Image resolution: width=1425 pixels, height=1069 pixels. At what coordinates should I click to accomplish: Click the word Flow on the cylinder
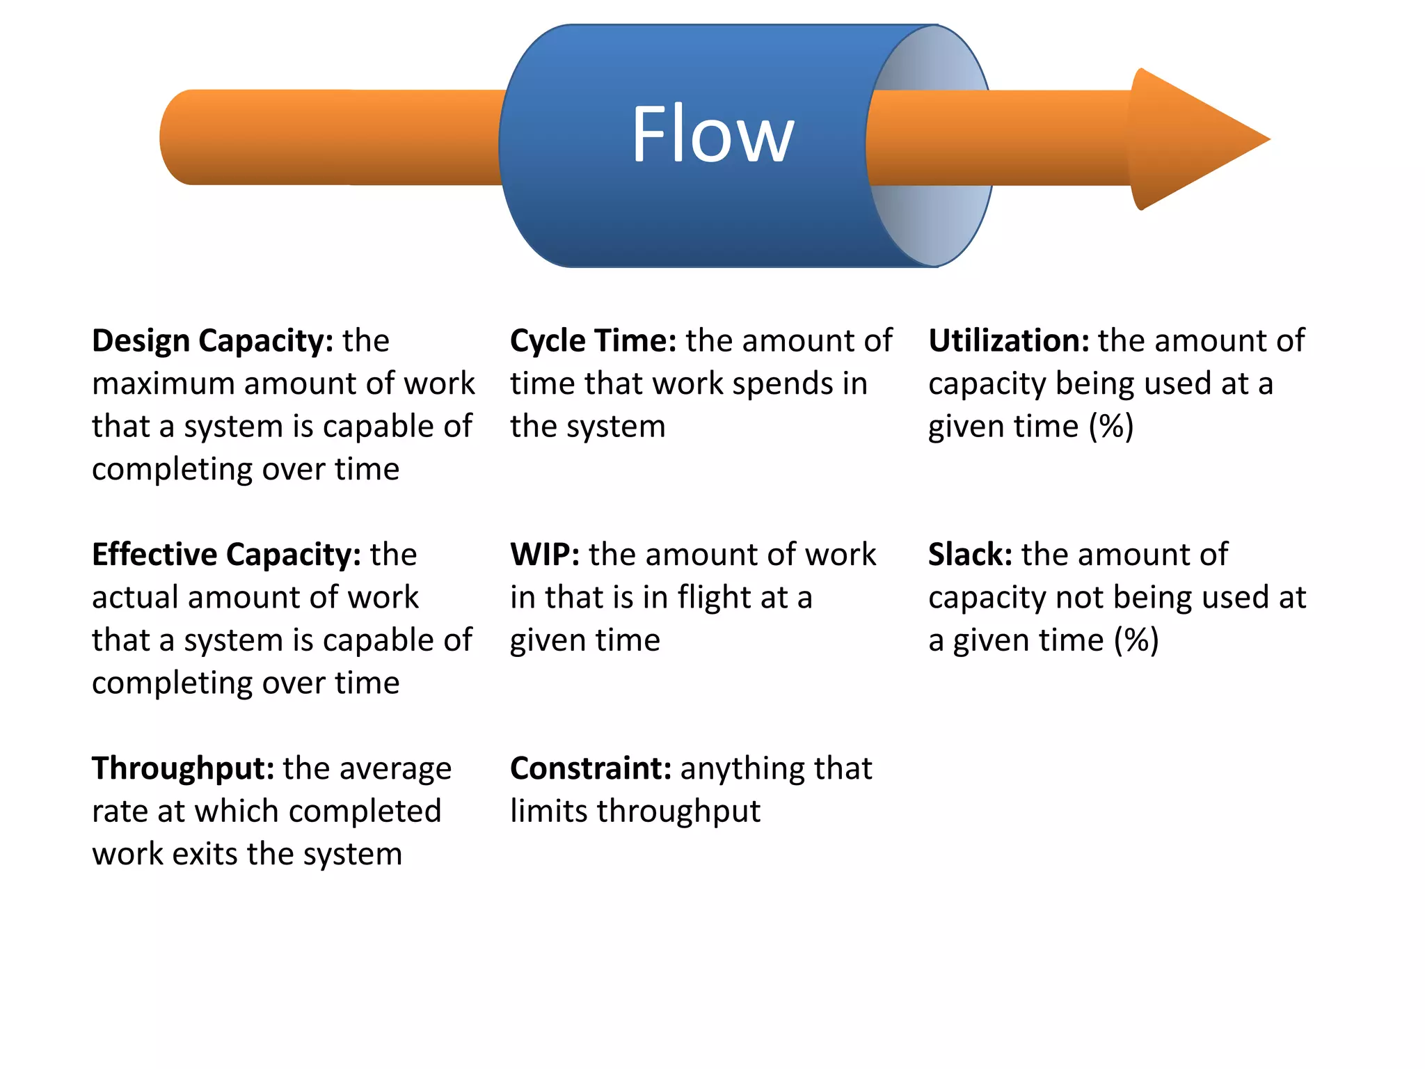click(712, 134)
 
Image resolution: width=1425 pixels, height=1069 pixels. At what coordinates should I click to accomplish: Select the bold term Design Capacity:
click(212, 341)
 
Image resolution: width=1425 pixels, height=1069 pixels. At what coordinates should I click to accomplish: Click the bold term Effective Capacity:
click(226, 555)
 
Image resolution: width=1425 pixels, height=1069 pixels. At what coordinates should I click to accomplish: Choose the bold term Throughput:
click(183, 768)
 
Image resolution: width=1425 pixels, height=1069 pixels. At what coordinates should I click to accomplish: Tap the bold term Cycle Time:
click(593, 341)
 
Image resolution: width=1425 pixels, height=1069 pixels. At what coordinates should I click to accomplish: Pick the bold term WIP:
click(545, 555)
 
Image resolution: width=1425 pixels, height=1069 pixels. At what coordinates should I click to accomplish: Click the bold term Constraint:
click(591, 768)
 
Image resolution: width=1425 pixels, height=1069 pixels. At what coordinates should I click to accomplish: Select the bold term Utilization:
click(1008, 341)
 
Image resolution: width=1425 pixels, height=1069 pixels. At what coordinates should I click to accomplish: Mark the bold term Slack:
click(970, 555)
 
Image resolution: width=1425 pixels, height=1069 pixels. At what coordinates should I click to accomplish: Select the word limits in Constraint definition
click(548, 811)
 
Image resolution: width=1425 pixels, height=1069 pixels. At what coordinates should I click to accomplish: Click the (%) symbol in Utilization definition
click(1111, 427)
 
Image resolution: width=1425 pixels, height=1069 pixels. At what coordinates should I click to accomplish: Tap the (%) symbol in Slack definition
click(1136, 640)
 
